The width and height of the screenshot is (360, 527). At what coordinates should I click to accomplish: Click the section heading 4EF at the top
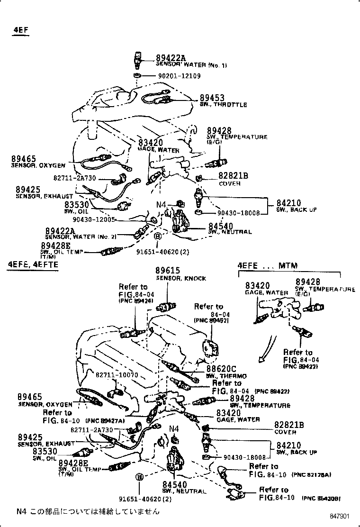point(20,30)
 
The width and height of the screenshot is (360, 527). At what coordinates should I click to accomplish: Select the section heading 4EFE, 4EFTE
point(32,264)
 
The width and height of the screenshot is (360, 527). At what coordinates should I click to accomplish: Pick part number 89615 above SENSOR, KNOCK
point(168,271)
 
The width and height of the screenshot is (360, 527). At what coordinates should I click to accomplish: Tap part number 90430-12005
point(94,219)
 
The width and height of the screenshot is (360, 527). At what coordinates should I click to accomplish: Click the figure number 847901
point(340,516)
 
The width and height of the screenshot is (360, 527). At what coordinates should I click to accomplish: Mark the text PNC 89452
point(211,321)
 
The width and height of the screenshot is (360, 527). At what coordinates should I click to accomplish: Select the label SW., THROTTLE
point(223,105)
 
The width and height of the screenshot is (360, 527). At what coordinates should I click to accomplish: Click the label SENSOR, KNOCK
point(181,278)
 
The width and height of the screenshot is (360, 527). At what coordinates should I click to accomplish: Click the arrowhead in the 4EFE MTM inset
point(261,360)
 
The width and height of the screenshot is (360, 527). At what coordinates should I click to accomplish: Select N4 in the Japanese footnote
point(22,511)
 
